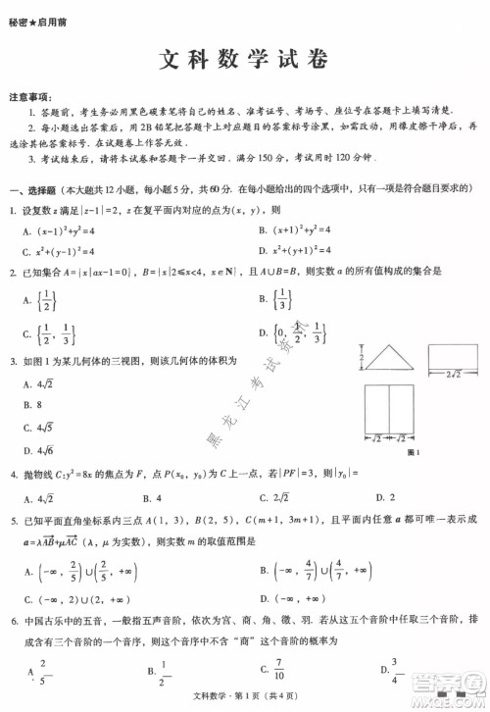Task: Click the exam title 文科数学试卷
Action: [244, 62]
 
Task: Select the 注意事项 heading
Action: [29, 98]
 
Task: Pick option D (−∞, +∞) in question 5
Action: [288, 597]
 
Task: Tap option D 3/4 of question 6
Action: [391, 669]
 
